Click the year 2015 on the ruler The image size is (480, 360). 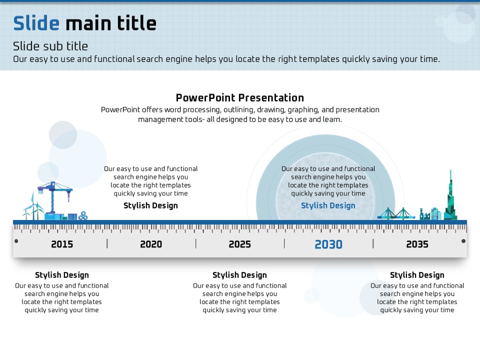tap(62, 244)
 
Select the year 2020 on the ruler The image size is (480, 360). tap(151, 244)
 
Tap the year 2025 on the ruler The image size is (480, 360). tap(239, 244)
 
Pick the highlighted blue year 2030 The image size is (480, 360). tap(328, 244)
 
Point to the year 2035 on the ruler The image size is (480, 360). tap(417, 244)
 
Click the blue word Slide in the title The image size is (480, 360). tap(36, 23)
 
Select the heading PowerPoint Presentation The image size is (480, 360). tap(240, 97)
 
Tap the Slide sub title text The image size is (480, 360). tap(50, 46)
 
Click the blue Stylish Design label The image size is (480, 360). tap(328, 205)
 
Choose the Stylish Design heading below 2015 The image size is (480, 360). tap(62, 275)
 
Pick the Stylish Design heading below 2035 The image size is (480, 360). tap(417, 275)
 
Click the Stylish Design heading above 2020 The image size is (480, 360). tap(150, 205)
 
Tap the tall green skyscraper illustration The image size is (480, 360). tap(450, 199)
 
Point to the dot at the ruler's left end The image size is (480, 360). tap(16, 241)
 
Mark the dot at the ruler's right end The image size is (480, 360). tap(463, 241)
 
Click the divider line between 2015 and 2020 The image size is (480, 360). tap(107, 243)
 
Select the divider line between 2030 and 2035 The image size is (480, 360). tap(373, 243)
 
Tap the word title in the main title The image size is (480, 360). tap(137, 23)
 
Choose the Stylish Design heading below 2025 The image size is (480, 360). tap(239, 275)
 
